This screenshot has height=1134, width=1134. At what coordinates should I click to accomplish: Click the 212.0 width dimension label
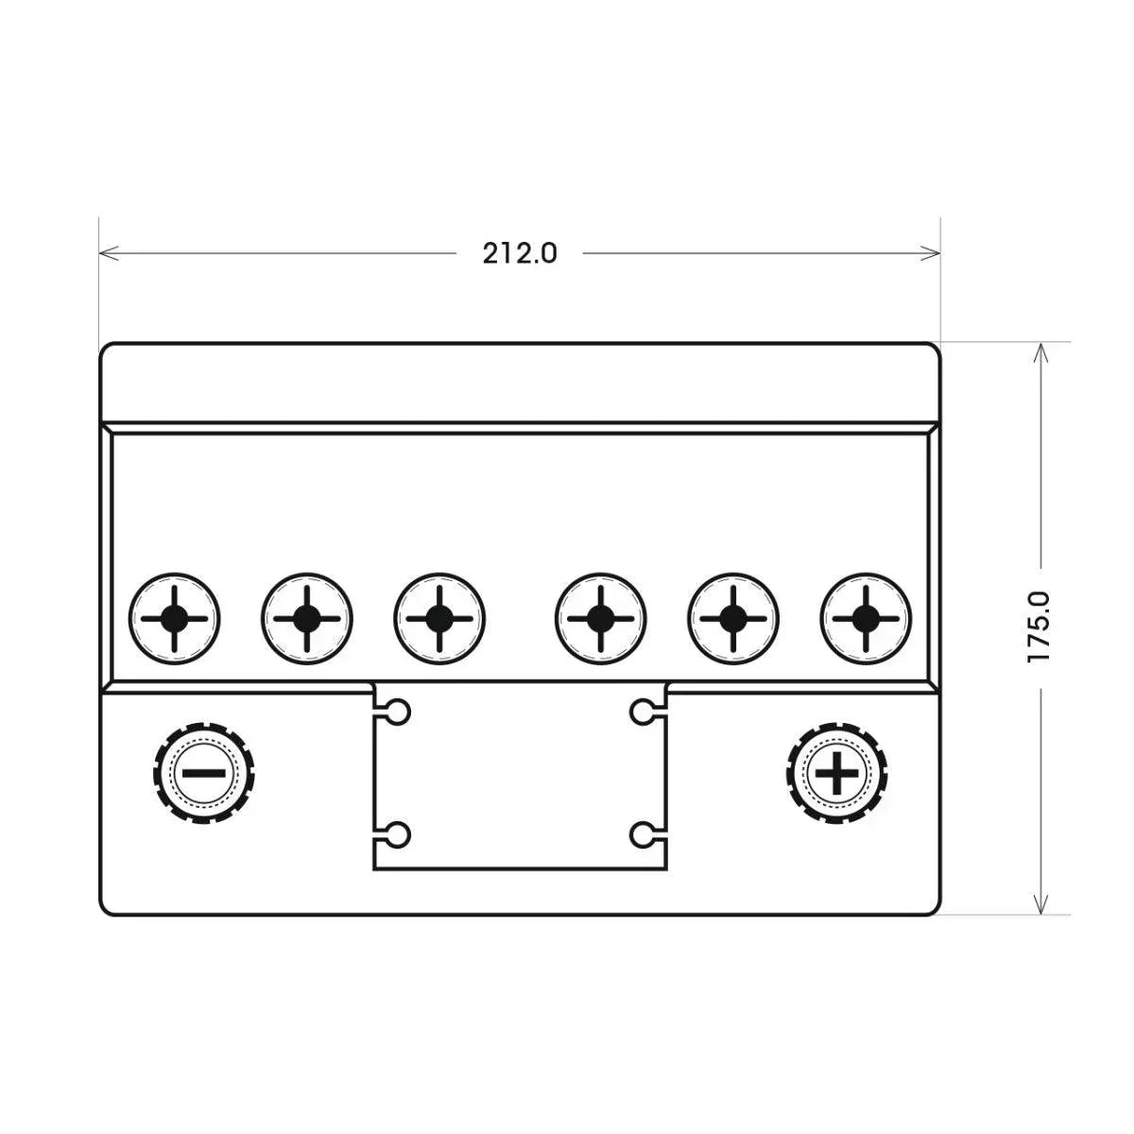tap(519, 253)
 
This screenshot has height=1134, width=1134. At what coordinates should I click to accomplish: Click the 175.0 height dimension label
tap(1039, 627)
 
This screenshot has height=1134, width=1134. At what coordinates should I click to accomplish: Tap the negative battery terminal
tap(203, 773)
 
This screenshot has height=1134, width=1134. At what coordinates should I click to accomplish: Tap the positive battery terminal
tap(837, 773)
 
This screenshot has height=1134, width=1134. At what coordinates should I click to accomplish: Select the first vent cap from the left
tap(174, 618)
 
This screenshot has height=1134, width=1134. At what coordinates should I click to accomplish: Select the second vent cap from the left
tap(306, 618)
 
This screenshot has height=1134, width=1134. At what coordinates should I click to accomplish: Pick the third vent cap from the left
tap(439, 618)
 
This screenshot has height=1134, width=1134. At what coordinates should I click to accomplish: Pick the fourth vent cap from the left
tap(600, 618)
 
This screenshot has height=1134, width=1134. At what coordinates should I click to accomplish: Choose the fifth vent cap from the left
tap(732, 618)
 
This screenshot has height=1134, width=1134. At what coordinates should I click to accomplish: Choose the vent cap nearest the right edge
tap(865, 618)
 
